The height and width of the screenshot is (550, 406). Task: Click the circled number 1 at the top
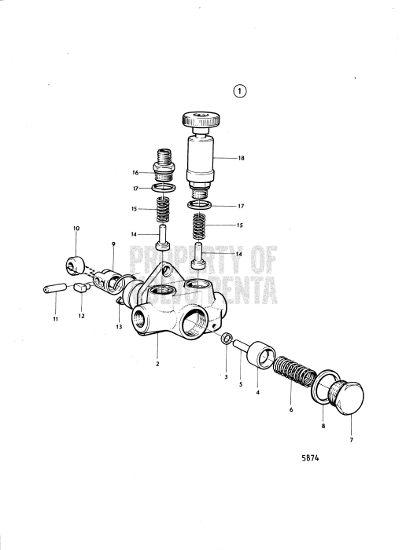tap(239, 90)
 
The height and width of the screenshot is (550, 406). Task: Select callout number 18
tap(241, 158)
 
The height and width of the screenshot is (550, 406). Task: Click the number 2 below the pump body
tap(157, 364)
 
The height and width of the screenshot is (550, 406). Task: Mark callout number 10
tap(76, 229)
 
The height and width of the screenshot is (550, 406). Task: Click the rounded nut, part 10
tap(77, 262)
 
